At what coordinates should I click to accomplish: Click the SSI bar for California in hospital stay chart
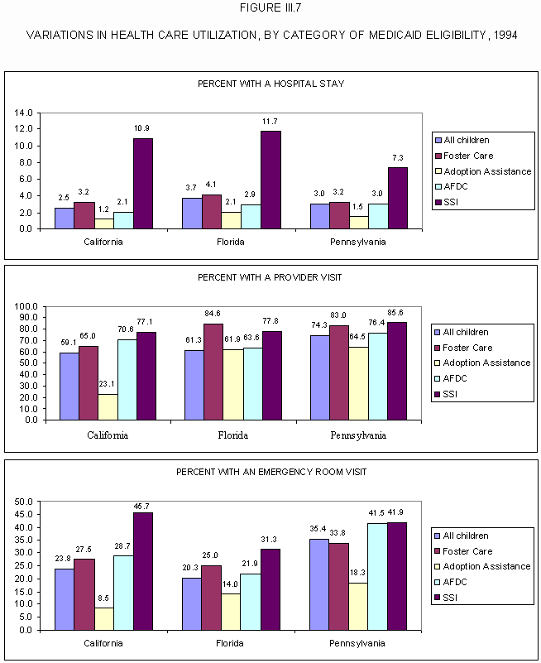click(x=143, y=184)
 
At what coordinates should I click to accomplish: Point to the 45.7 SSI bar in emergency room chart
click(x=143, y=571)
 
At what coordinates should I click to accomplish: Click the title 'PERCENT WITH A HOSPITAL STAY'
click(x=270, y=84)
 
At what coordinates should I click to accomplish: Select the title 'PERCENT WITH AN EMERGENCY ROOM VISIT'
click(x=270, y=472)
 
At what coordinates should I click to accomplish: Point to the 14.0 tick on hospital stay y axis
click(x=24, y=113)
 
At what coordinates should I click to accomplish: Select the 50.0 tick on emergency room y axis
click(x=24, y=502)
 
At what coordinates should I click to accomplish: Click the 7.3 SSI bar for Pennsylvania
click(x=398, y=198)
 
